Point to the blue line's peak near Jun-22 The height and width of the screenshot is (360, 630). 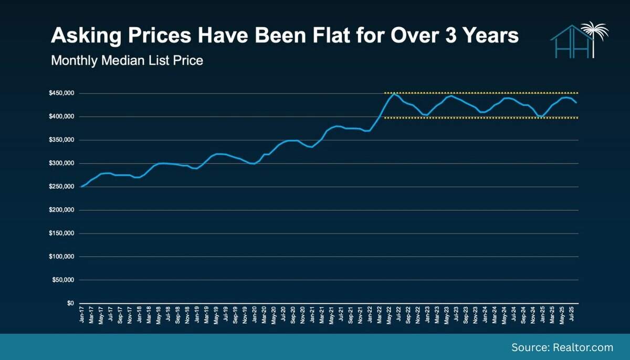tap(394, 93)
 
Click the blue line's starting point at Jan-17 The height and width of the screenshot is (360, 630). tap(81, 186)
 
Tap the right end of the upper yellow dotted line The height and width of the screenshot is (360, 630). tap(577, 93)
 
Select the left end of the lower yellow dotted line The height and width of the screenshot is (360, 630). tap(385, 118)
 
